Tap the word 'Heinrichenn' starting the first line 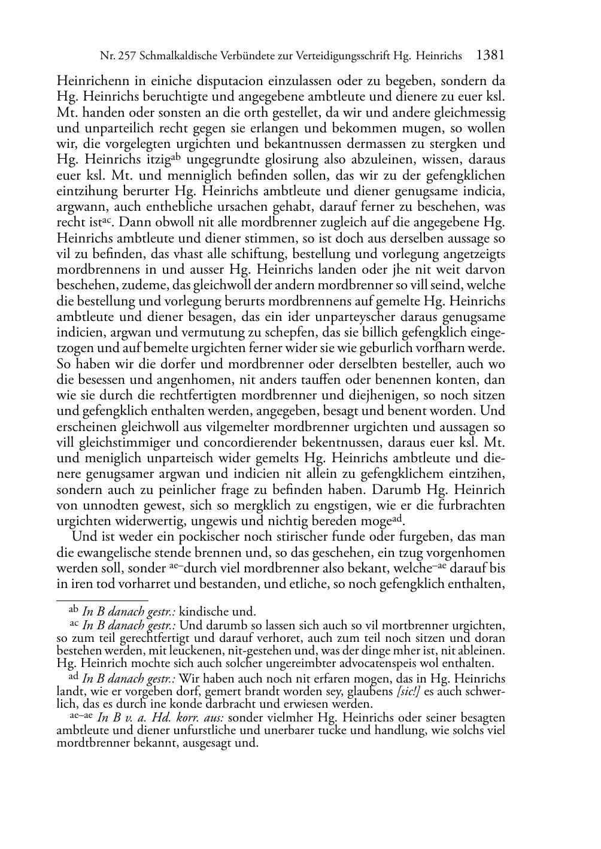(88, 81)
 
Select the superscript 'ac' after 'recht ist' (107, 219)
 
